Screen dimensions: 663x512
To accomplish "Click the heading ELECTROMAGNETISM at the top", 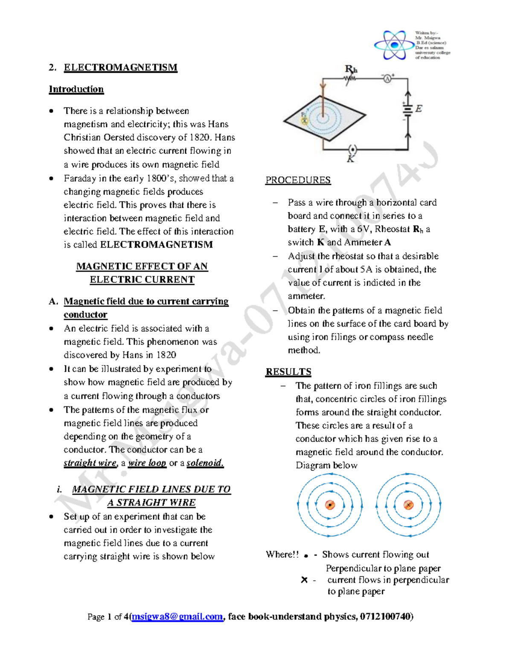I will pyautogui.click(x=120, y=67).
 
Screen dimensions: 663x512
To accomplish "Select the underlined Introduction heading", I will pyautogui.click(x=76, y=89).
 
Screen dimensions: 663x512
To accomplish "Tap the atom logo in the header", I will pyautogui.click(x=393, y=44).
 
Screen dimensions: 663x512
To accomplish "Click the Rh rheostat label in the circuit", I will pyautogui.click(x=351, y=70).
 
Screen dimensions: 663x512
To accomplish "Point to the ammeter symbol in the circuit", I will pyautogui.click(x=387, y=79).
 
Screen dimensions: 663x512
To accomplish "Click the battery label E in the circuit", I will pyautogui.click(x=419, y=109).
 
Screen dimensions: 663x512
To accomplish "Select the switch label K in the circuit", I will pyautogui.click(x=351, y=159).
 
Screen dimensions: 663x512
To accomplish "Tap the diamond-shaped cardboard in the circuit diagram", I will pyautogui.click(x=324, y=115).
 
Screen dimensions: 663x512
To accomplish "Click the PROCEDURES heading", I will pyautogui.click(x=298, y=180).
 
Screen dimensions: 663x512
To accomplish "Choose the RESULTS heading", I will pyautogui.click(x=288, y=372).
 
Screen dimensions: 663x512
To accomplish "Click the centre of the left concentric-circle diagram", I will pyautogui.click(x=330, y=505).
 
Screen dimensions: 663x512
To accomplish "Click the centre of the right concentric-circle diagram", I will pyautogui.click(x=408, y=505).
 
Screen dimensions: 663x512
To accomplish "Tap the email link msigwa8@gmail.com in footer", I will pyautogui.click(x=177, y=616).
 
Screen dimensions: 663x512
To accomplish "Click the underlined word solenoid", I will pyautogui.click(x=205, y=463).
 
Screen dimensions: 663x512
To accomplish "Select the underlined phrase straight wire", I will pyautogui.click(x=90, y=463).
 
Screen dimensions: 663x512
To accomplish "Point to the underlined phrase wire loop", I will pyautogui.click(x=147, y=463).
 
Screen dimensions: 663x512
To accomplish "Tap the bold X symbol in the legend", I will pyautogui.click(x=304, y=580).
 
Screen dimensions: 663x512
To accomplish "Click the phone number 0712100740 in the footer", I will pyautogui.click(x=385, y=616).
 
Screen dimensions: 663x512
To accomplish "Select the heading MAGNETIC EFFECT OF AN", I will pyautogui.click(x=142, y=266).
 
